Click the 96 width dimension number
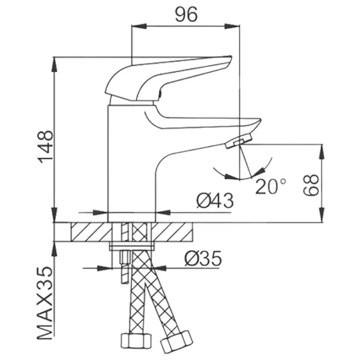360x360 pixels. pyautogui.click(x=186, y=14)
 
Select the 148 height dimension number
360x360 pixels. pyautogui.click(x=46, y=147)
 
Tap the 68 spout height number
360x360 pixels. pyautogui.click(x=311, y=185)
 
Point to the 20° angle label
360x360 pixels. pyautogui.click(x=271, y=186)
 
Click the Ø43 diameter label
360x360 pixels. pyautogui.click(x=215, y=200)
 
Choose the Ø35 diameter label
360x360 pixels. pyautogui.click(x=203, y=258)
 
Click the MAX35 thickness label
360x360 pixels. pyautogui.click(x=45, y=303)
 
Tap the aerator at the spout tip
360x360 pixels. pyautogui.click(x=239, y=141)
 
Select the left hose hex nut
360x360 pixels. pyautogui.click(x=136, y=341)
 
